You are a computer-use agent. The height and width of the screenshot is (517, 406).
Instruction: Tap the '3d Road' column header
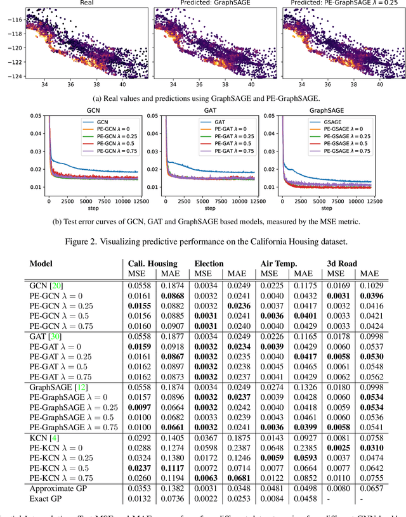[341, 264]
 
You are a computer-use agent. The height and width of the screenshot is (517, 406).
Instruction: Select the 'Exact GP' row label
[49, 498]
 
